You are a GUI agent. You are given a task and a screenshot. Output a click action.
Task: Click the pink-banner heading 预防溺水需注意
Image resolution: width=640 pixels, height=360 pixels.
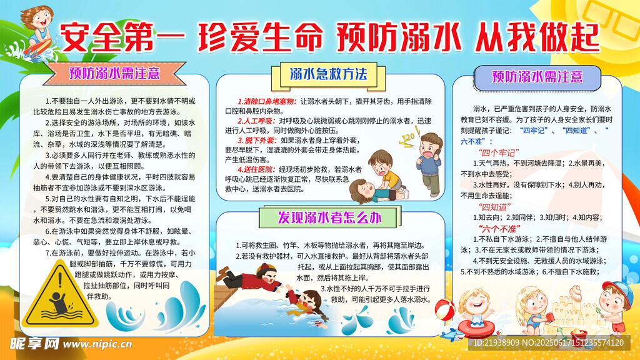click(114, 71)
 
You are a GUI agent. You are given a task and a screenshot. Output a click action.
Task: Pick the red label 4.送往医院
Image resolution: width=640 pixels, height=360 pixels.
click(257, 169)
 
